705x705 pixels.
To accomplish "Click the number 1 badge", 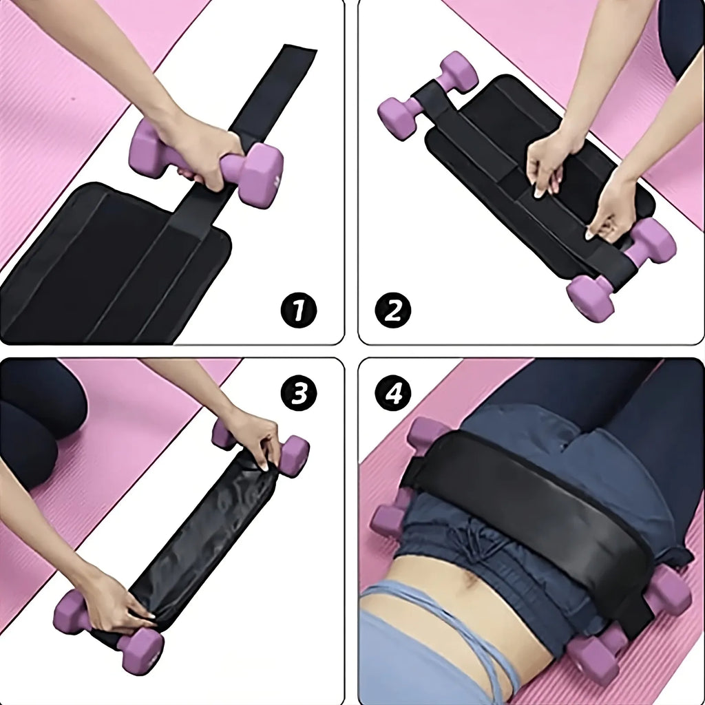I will coord(298,311).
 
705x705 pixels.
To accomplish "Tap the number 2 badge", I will coord(392,311).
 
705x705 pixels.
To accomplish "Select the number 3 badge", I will coord(298,394).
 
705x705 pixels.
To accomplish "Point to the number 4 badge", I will coord(392,394).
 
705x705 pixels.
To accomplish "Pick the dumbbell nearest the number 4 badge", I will coord(427,434).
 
